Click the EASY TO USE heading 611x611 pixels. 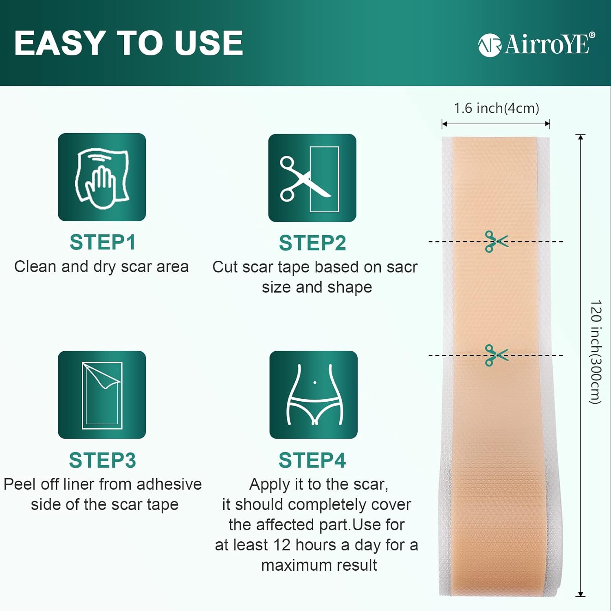point(128,43)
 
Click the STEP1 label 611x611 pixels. point(102,242)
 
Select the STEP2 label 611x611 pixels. point(312,243)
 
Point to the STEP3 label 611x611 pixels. point(102,460)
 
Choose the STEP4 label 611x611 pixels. point(312,460)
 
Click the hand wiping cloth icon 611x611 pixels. point(102,178)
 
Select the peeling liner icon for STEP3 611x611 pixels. point(102,395)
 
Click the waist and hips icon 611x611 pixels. point(313,395)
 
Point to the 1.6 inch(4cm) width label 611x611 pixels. point(496,108)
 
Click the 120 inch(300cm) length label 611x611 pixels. point(596,352)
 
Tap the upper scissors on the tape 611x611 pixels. point(496,242)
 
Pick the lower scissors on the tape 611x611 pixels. point(496,355)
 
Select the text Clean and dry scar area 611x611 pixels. point(101,267)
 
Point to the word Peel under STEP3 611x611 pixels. point(20,484)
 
